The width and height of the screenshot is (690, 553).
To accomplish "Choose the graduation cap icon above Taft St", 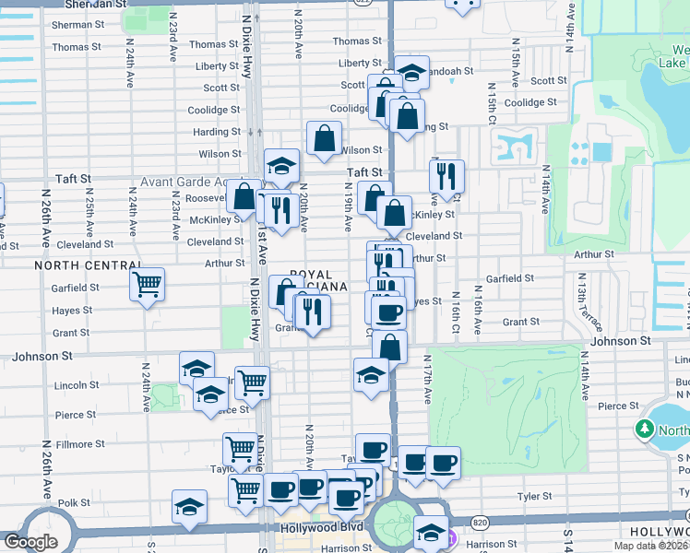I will tap(281, 165).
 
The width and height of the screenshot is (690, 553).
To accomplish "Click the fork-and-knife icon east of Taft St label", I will tap(446, 176).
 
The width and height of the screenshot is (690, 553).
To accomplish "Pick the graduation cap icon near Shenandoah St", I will tap(412, 73).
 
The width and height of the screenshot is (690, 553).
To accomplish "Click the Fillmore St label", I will tap(79, 444).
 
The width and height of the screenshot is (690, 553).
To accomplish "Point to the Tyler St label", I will tap(534, 496).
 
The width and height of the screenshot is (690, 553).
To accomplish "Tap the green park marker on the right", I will tap(644, 429).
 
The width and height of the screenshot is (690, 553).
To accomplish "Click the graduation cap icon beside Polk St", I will tap(189, 506).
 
